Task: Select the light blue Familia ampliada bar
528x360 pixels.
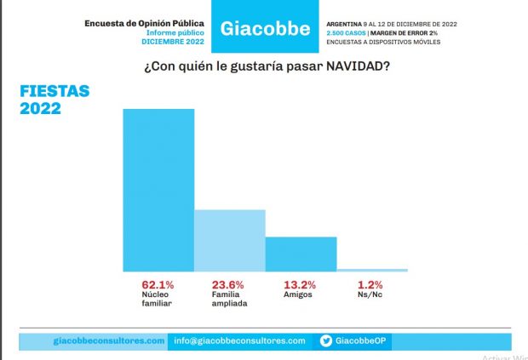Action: pyautogui.click(x=230, y=240)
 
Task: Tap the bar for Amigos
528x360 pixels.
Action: pyautogui.click(x=301, y=254)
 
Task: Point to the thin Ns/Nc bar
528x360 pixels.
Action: pyautogui.click(x=372, y=270)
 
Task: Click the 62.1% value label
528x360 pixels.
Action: pyautogui.click(x=158, y=284)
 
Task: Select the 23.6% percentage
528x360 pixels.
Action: pyautogui.click(x=228, y=284)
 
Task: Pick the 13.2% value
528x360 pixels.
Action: pyautogui.click(x=299, y=284)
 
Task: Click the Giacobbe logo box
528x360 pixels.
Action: pyautogui.click(x=265, y=28)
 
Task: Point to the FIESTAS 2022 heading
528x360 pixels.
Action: pyautogui.click(x=55, y=100)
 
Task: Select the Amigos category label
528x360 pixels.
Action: pyautogui.click(x=296, y=294)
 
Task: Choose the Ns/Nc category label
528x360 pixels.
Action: pyautogui.click(x=370, y=294)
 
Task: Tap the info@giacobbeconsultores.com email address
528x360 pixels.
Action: pyautogui.click(x=239, y=340)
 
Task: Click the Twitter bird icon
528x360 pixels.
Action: pyautogui.click(x=325, y=340)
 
